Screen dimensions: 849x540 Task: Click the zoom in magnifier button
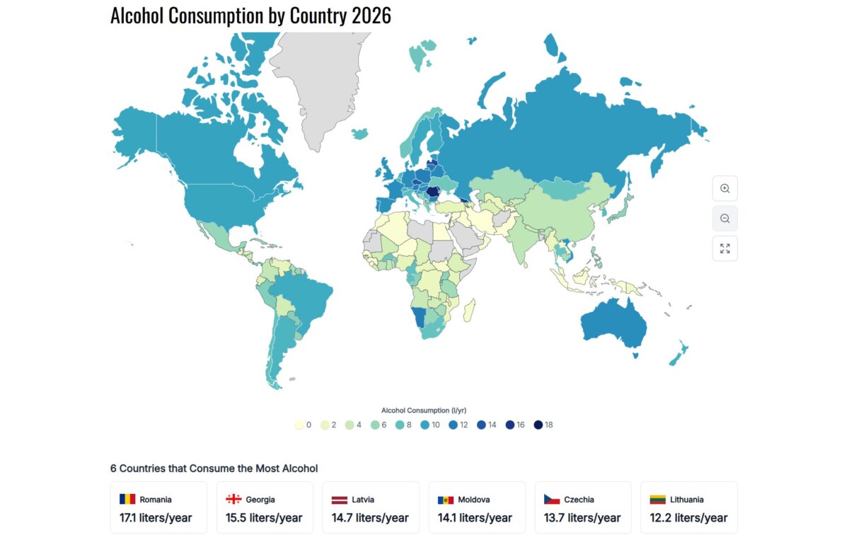[x=724, y=188]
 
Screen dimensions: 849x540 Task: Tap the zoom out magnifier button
[x=724, y=219]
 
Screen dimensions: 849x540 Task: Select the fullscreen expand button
[x=724, y=248]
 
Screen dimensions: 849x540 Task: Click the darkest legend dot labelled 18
[x=538, y=425]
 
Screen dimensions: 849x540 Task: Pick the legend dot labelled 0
[x=299, y=425]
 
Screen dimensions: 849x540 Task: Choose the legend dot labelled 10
[x=425, y=425]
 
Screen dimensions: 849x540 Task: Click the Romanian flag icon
[x=127, y=499]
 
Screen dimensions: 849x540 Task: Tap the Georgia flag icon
[x=233, y=499]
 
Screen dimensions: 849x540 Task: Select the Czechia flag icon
[x=552, y=499]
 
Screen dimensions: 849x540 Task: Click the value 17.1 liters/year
[x=156, y=517]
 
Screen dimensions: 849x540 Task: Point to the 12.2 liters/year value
[x=688, y=517]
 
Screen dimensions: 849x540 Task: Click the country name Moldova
[x=474, y=500]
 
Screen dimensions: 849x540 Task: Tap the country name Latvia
[x=363, y=500]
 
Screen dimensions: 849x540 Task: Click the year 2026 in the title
[x=371, y=16]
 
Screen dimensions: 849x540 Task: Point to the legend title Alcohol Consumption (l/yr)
[x=424, y=410]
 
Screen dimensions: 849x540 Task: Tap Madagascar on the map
[x=470, y=311]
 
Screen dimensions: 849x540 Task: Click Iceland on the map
[x=359, y=134]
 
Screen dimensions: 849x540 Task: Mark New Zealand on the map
[x=679, y=353]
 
